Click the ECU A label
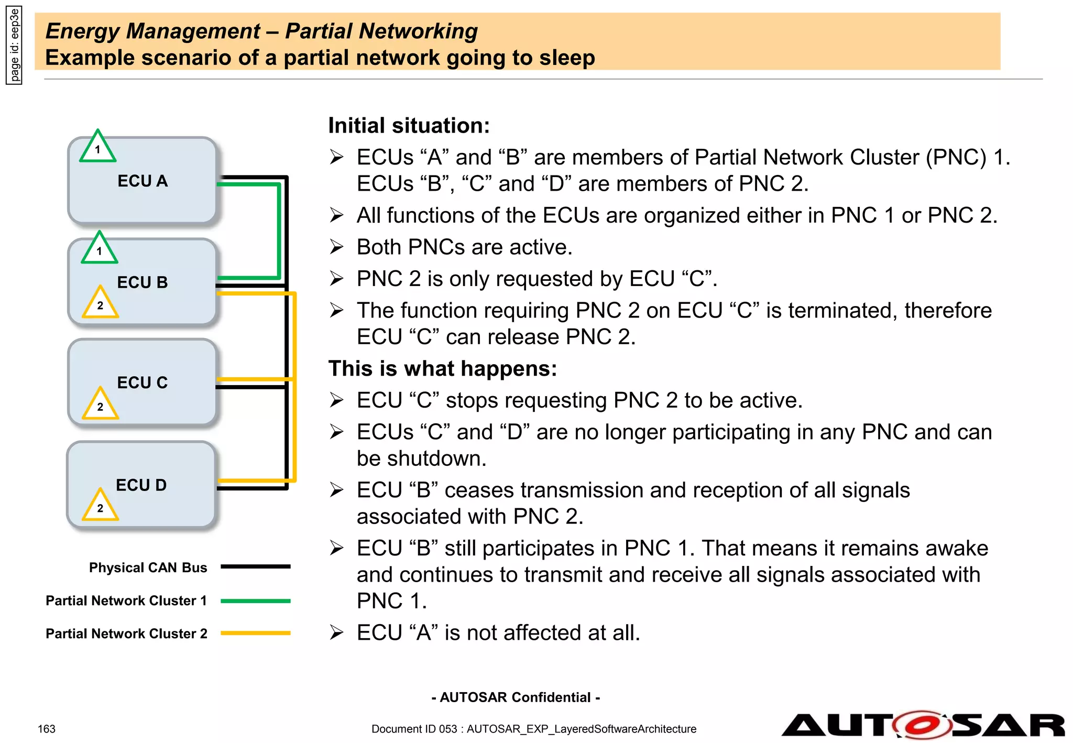(143, 181)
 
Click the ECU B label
(143, 282)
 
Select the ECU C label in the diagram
(143, 383)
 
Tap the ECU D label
(141, 485)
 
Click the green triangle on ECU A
(97, 148)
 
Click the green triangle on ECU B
(99, 249)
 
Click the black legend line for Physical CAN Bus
(255, 566)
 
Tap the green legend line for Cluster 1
(255, 601)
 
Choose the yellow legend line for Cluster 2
(255, 633)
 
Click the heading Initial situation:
(409, 126)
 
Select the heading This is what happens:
(442, 369)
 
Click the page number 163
(47, 729)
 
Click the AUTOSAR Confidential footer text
(516, 697)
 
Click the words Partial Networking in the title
(381, 31)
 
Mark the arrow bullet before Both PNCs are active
(336, 247)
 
